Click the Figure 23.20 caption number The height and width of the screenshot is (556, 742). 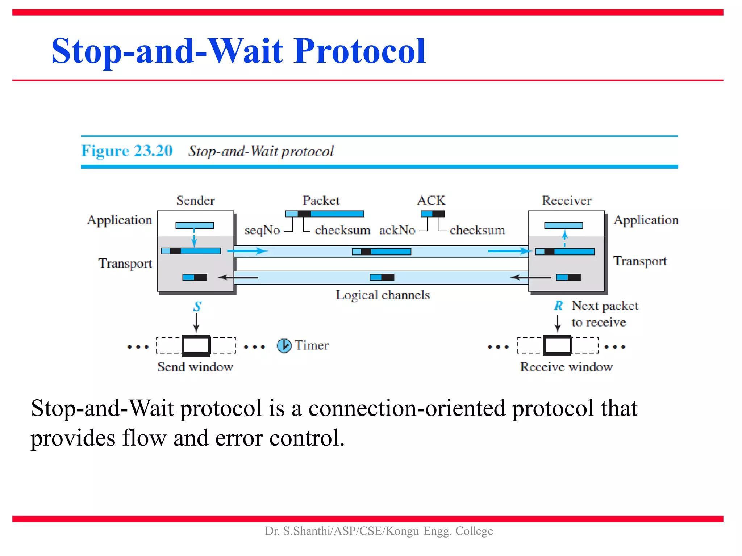click(x=127, y=151)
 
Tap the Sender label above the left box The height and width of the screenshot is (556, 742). click(x=195, y=201)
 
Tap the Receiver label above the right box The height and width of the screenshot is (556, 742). click(x=566, y=201)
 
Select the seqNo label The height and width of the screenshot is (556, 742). click(x=262, y=230)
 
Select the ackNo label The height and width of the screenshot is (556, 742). click(x=397, y=230)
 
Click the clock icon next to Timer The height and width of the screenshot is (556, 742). click(x=284, y=345)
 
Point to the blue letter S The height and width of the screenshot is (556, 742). click(x=197, y=307)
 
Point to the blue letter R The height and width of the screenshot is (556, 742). click(x=558, y=306)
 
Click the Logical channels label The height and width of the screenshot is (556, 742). click(x=383, y=295)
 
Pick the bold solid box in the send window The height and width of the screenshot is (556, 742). click(x=196, y=345)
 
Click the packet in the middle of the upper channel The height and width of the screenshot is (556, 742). click(x=382, y=252)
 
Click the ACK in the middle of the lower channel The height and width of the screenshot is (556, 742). click(x=382, y=277)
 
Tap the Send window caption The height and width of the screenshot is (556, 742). click(x=195, y=367)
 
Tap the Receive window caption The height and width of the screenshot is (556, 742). click(x=566, y=367)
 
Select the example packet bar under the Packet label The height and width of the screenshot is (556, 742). click(x=325, y=214)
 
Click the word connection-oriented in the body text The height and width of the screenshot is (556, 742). click(x=407, y=408)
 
